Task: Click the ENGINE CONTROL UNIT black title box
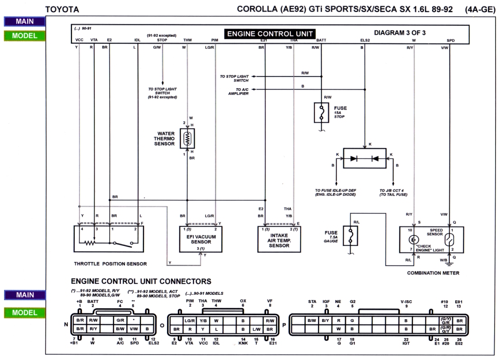(270, 33)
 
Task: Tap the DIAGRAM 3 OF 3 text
(399, 33)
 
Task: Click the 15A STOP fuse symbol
(321, 112)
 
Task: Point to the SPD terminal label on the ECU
(450, 40)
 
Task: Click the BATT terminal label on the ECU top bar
(321, 40)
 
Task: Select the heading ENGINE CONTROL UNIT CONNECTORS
(141, 281)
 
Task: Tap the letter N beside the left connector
(67, 324)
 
